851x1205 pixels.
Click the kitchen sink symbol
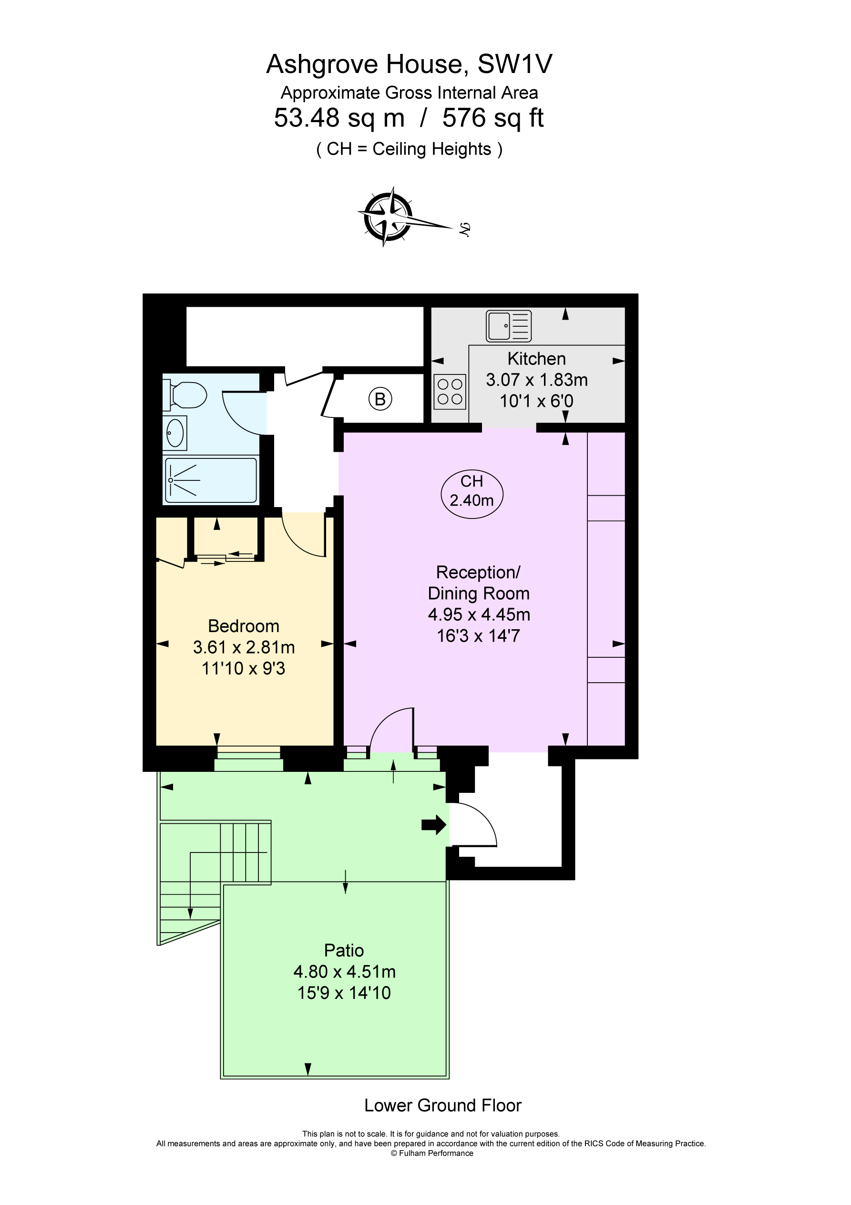pyautogui.click(x=508, y=326)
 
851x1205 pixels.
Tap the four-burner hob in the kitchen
pyautogui.click(x=450, y=392)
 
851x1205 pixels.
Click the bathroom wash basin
pyautogui.click(x=174, y=434)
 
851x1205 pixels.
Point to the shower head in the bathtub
pyautogui.click(x=171, y=480)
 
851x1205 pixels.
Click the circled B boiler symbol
pyautogui.click(x=380, y=399)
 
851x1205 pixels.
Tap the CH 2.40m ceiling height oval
pyautogui.click(x=472, y=491)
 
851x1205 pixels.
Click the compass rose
pyautogui.click(x=388, y=217)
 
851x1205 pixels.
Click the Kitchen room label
pyautogui.click(x=536, y=359)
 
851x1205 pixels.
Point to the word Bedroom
pyautogui.click(x=244, y=626)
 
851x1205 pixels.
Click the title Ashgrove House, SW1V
pyautogui.click(x=409, y=64)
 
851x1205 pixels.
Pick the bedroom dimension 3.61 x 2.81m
pyautogui.click(x=244, y=648)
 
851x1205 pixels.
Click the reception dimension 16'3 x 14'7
pyautogui.click(x=478, y=636)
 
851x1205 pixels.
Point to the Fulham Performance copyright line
pyautogui.click(x=432, y=1153)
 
